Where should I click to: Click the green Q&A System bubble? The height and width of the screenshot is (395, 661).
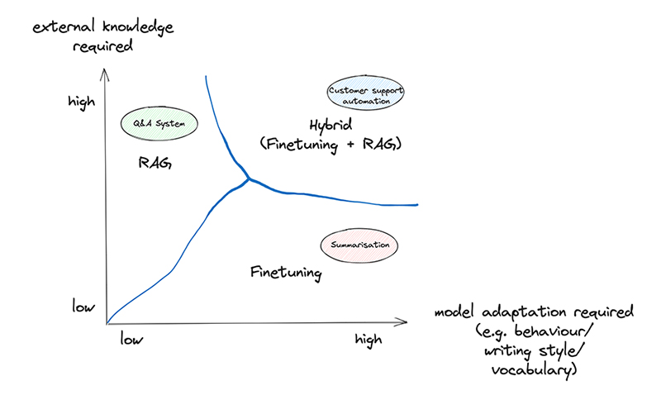coord(160,125)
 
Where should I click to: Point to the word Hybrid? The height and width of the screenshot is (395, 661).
coord(330,126)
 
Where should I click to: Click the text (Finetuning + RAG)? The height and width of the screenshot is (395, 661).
coord(330,144)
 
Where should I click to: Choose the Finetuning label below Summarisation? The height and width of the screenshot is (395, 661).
coord(285,271)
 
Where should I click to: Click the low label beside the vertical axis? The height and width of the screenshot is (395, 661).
coord(83,307)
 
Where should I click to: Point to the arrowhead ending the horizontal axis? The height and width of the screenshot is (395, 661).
coord(405,321)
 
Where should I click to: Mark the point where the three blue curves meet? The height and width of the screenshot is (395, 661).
coord(248,179)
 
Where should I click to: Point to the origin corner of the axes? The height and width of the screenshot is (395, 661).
coord(106,323)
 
